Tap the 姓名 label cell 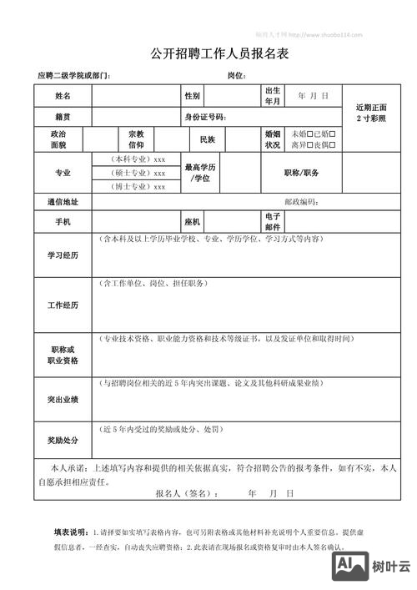[63, 96]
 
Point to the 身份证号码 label [205, 117]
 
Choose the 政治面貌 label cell [58, 139]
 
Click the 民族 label [208, 139]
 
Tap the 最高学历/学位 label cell [200, 173]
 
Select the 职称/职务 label [301, 173]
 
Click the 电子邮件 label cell [273, 222]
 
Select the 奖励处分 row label [63, 440]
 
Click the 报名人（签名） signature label [187, 493]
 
